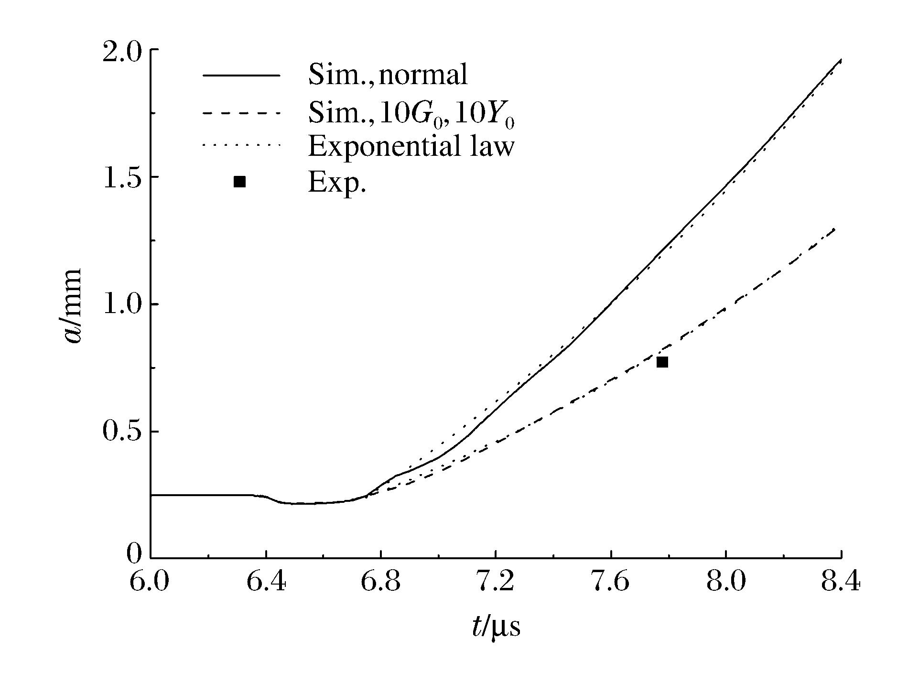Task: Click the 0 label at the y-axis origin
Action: pos(135,554)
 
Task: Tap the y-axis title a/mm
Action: pos(74,306)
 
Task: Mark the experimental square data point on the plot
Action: pos(662,362)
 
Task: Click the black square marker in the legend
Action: pos(239,182)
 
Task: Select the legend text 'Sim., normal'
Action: pos(388,75)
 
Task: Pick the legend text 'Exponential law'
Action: pos(411,146)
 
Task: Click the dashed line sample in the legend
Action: pos(240,113)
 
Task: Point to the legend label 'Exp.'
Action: pos(337,182)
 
